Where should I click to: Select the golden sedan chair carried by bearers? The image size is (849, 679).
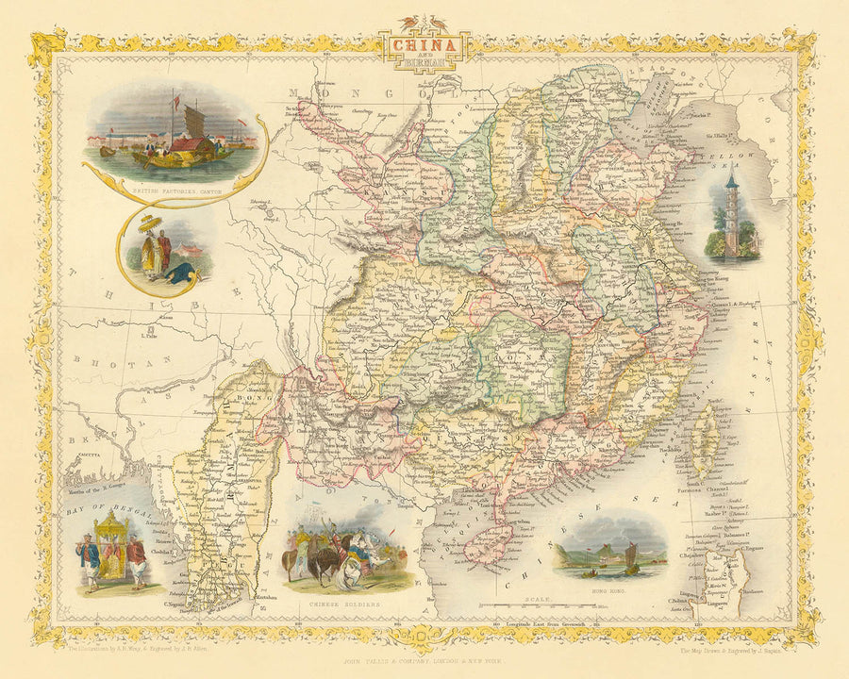coord(110,545)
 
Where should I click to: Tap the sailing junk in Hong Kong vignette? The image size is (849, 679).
coord(626,558)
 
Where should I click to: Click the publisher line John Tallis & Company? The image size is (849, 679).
coord(424,660)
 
